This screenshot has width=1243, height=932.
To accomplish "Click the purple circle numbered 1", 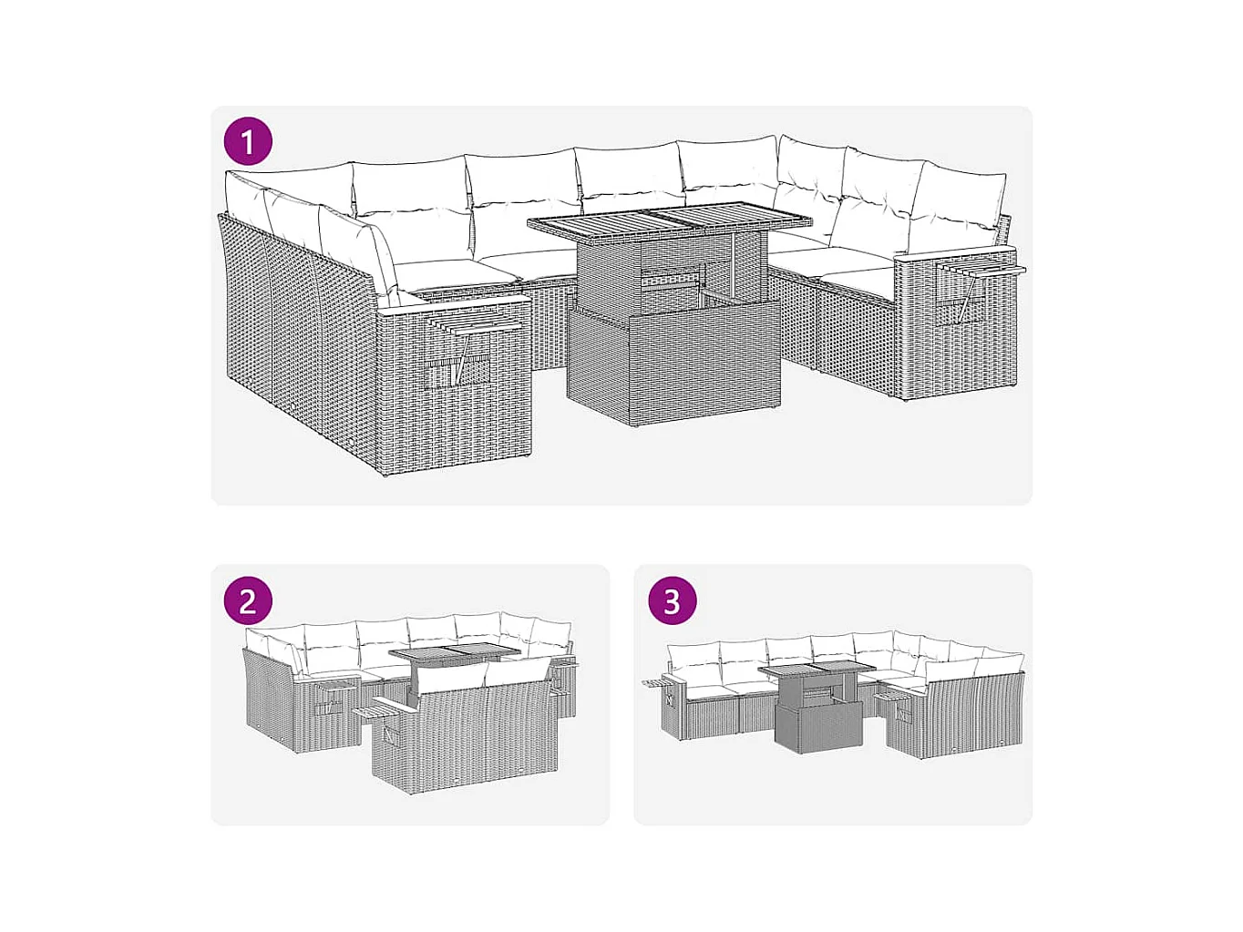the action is click(x=248, y=141).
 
